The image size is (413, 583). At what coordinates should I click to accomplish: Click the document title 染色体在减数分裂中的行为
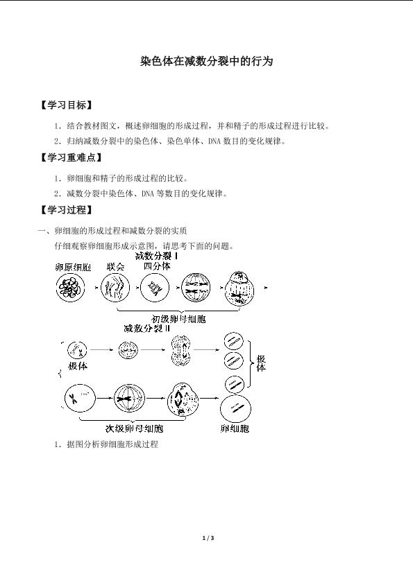pyautogui.click(x=207, y=61)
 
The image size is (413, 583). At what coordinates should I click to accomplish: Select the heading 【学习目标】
pyautogui.click(x=66, y=105)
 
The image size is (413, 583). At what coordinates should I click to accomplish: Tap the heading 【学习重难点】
pyautogui.click(x=71, y=157)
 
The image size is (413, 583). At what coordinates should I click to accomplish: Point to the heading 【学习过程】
pyautogui.click(x=66, y=210)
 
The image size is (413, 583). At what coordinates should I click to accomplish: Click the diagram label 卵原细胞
pyautogui.click(x=73, y=267)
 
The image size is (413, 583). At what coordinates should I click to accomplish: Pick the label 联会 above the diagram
pyautogui.click(x=115, y=267)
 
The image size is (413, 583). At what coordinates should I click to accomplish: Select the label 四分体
pyautogui.click(x=157, y=266)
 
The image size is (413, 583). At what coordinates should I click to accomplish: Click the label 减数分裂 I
pyautogui.click(x=156, y=256)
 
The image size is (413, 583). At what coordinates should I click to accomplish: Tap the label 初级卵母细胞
pyautogui.click(x=178, y=319)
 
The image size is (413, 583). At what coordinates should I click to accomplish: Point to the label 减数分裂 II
pyautogui.click(x=146, y=329)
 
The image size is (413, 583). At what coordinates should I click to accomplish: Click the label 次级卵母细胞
pyautogui.click(x=134, y=428)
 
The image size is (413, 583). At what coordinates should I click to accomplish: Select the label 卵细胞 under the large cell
pyautogui.click(x=235, y=428)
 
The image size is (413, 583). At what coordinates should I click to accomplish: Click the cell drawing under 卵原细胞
pyautogui.click(x=70, y=288)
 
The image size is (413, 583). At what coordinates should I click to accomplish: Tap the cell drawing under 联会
pyautogui.click(x=115, y=288)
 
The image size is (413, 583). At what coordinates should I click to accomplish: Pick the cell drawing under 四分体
pyautogui.click(x=155, y=288)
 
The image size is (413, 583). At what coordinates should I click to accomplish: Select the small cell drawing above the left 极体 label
pyautogui.click(x=77, y=350)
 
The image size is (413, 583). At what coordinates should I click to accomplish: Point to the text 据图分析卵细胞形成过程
pyautogui.click(x=112, y=444)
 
